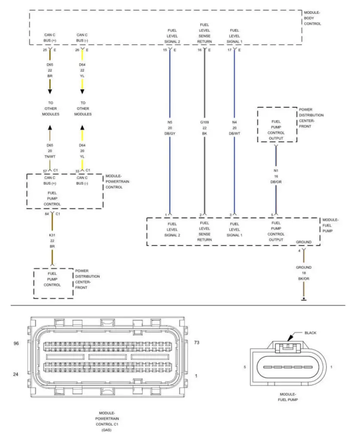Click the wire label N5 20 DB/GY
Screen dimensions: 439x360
click(170, 128)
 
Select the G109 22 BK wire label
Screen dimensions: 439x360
click(204, 128)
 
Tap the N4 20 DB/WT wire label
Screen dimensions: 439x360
click(234, 128)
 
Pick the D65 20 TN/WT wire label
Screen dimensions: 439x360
click(50, 151)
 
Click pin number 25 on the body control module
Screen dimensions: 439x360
click(45, 50)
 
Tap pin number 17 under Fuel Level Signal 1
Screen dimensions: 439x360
click(230, 50)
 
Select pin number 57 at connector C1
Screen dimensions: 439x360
click(45, 171)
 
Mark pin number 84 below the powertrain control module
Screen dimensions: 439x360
click(47, 213)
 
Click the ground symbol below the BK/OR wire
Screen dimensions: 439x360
click(304, 299)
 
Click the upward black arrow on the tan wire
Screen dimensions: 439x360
click(50, 127)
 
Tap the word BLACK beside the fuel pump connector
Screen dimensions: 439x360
click(310, 333)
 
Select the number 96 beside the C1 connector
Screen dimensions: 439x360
click(17, 343)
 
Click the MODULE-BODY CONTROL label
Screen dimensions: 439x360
click(312, 18)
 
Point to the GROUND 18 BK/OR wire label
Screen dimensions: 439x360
click(303, 273)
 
